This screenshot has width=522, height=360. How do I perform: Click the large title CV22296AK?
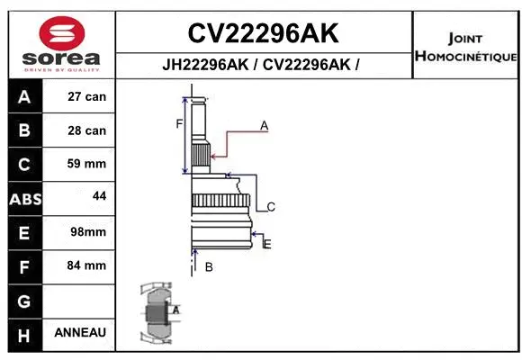[263, 34]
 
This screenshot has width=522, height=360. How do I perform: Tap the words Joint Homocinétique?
[464, 48]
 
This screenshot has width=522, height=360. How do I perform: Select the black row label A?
[24, 97]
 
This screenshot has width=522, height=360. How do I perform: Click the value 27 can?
[87, 97]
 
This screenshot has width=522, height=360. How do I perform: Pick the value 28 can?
[87, 130]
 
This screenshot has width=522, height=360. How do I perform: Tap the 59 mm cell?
[87, 164]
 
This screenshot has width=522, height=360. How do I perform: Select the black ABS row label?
[24, 198]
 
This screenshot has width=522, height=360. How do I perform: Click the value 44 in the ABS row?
[99, 195]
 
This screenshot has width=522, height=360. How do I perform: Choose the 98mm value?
[88, 232]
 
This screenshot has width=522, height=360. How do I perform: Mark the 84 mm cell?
[87, 265]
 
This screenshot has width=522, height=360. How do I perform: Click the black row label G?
[24, 300]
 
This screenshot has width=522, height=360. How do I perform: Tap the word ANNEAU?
[80, 332]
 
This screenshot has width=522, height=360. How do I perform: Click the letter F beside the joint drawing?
[179, 123]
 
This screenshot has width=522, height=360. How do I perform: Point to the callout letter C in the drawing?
[270, 207]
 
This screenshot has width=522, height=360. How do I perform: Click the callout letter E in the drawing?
[267, 243]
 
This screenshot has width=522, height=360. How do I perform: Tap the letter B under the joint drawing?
[209, 266]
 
